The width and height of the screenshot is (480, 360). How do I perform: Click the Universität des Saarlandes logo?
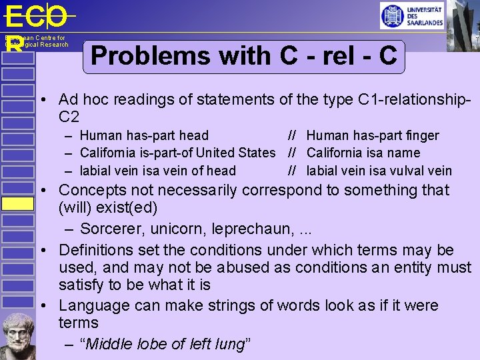tap(411, 16)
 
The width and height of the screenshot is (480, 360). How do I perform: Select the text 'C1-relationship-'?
tap(415, 99)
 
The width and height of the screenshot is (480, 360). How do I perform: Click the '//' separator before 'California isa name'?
tap(292, 153)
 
